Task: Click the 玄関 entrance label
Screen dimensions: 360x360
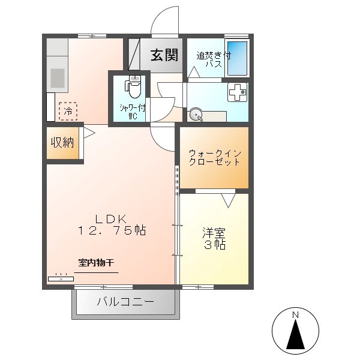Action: pos(163,55)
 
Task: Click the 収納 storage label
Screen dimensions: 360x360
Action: pos(62,142)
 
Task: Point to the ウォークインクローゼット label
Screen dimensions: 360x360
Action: pos(214,157)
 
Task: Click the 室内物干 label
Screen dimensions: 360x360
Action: pos(96,262)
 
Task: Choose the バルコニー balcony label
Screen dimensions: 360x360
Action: pos(125,301)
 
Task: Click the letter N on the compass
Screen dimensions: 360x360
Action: pos(295,315)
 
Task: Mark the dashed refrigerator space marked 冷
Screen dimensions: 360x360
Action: pos(68,110)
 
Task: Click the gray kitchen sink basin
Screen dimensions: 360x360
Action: pos(57,78)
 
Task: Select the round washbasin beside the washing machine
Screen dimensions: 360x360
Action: pos(196,115)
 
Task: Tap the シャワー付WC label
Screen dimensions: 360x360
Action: pos(133,112)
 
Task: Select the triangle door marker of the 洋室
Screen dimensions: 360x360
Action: pos(228,199)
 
